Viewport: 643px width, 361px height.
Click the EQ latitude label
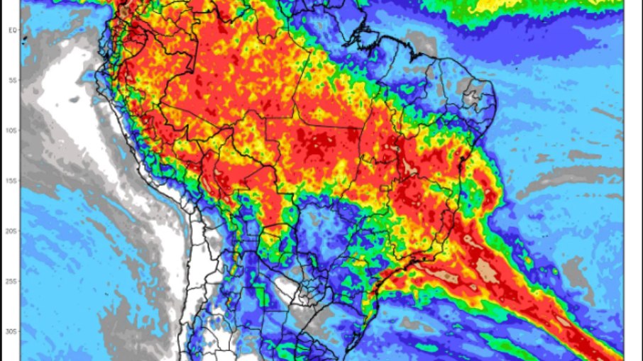coord(12,30)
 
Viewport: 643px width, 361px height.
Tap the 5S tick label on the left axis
coord(12,80)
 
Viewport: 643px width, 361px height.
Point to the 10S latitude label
coord(12,130)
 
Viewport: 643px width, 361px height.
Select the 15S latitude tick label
coord(12,181)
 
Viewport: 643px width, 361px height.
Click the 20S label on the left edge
coord(12,231)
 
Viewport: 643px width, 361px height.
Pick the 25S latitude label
coord(12,282)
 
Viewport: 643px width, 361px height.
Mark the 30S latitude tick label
coord(12,331)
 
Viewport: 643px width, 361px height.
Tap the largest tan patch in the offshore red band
coord(487,267)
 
